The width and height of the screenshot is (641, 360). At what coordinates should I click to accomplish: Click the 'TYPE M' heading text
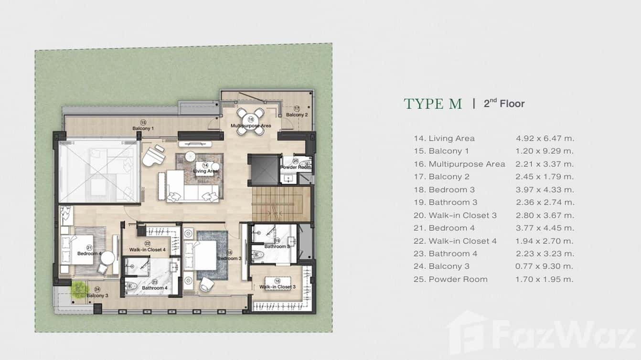pyautogui.click(x=433, y=104)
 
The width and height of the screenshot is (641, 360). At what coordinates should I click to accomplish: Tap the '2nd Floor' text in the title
pyautogui.click(x=504, y=103)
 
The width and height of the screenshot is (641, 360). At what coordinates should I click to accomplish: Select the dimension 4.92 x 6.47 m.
pyautogui.click(x=545, y=138)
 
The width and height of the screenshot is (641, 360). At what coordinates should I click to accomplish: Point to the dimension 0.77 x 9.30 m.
pyautogui.click(x=544, y=266)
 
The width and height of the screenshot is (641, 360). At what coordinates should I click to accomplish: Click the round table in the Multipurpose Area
pyautogui.click(x=251, y=121)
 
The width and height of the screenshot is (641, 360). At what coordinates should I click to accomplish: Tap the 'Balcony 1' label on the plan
pyautogui.click(x=143, y=128)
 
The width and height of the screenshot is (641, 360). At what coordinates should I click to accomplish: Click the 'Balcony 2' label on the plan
pyautogui.click(x=297, y=115)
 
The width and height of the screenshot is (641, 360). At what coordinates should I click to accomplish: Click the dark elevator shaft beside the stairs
pyautogui.click(x=264, y=169)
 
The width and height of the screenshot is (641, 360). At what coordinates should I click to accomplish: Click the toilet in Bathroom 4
pyautogui.click(x=131, y=286)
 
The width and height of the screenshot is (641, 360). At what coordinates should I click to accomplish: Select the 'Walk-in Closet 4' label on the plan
pyautogui.click(x=147, y=249)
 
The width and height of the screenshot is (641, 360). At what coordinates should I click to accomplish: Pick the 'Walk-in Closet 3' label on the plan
pyautogui.click(x=277, y=287)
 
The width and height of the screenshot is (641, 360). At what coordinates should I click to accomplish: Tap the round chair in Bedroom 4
pyautogui.click(x=107, y=258)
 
